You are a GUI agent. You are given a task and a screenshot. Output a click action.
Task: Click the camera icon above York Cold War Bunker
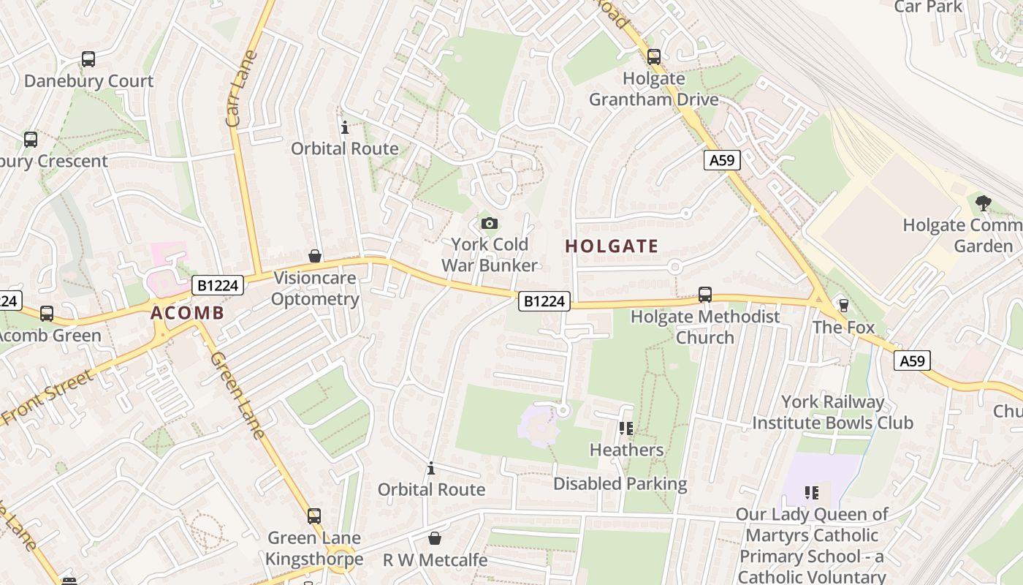point(489,223)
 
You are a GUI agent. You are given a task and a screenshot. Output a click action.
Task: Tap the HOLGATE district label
point(612,246)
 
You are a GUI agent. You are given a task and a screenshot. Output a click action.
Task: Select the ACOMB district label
point(187,313)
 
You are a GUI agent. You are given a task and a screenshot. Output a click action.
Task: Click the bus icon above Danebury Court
point(88,59)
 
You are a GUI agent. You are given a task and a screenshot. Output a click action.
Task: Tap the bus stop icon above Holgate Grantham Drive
point(653,56)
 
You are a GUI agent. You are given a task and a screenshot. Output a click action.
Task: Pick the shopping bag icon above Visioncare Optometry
point(315,256)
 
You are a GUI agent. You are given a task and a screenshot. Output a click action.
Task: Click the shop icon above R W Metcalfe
point(435,538)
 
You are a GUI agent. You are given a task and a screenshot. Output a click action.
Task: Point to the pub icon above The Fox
point(843,305)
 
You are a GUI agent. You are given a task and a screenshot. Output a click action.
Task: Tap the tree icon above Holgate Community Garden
point(983,203)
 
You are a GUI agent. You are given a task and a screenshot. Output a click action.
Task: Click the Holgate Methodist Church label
point(704,327)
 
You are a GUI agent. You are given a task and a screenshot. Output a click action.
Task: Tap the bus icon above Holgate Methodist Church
point(705,294)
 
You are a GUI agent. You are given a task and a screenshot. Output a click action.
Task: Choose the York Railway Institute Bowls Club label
point(832,412)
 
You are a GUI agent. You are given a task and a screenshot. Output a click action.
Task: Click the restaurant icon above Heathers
point(625,428)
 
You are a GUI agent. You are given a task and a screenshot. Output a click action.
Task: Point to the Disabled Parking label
point(620,483)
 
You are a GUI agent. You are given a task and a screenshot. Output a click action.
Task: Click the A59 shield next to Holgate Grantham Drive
point(722,160)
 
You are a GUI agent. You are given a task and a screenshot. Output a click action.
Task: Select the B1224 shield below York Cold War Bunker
point(544,301)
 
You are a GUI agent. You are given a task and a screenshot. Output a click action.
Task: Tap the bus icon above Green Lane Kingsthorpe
point(314,516)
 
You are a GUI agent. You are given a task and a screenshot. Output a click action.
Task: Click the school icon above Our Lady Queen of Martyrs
point(811,493)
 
